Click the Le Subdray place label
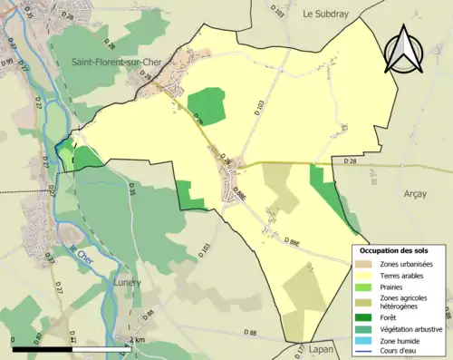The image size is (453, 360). [326, 14]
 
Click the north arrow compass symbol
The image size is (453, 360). [403, 50]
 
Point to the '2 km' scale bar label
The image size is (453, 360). [139, 340]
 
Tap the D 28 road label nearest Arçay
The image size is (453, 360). [352, 161]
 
